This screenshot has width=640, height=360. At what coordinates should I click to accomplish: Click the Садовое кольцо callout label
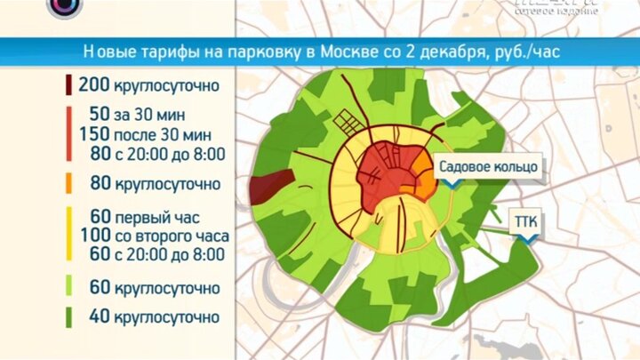coord(485,165)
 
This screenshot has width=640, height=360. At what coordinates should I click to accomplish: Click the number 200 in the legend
coord(93,86)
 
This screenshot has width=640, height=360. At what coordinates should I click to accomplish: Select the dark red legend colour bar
coord(68,86)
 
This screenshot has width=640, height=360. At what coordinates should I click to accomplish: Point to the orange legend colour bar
coord(68,185)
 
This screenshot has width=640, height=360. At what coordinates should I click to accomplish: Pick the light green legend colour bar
coord(68,288)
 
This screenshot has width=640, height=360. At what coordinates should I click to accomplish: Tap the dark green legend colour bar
coord(68,316)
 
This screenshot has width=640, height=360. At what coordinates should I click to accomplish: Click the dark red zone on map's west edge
coord(269,186)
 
